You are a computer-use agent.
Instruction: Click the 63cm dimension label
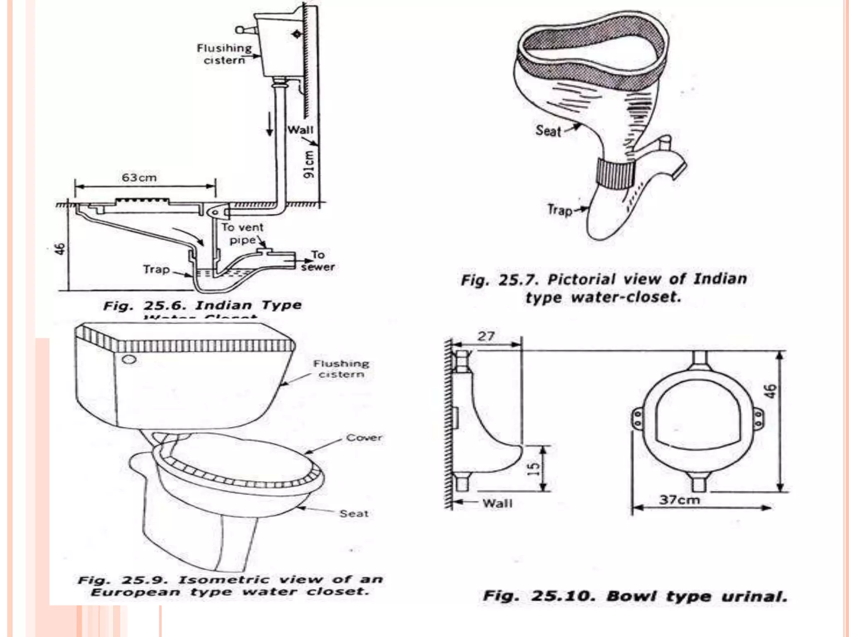139,177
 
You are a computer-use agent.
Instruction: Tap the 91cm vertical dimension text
309,165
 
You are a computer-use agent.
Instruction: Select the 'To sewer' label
318,261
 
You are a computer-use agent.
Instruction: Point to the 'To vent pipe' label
243,233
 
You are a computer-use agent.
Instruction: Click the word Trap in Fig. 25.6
156,270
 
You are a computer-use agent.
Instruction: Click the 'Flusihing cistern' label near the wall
224,54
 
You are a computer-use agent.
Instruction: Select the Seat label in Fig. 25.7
548,131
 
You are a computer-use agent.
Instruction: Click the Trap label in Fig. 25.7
560,210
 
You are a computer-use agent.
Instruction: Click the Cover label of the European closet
364,438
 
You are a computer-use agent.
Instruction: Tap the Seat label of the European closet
354,514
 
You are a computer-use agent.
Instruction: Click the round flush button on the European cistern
129,359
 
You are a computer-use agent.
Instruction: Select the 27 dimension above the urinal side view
486,336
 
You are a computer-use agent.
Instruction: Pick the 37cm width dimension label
679,500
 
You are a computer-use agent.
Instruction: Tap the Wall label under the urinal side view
497,503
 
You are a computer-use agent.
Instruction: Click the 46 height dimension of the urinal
770,391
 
